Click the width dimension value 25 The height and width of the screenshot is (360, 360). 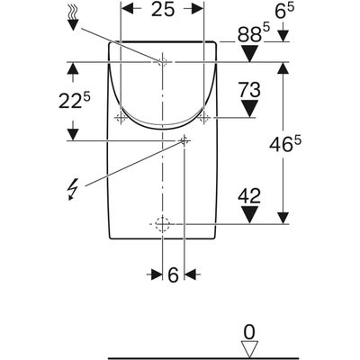(163, 9)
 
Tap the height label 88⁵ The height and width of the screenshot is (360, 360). (254, 33)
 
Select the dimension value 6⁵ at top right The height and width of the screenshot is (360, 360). (284, 12)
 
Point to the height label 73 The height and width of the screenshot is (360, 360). (249, 90)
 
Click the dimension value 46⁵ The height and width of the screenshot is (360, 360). (285, 144)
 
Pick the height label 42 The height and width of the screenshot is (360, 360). (249, 196)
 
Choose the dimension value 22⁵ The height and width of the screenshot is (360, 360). (74, 100)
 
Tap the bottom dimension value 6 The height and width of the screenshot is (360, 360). (173, 274)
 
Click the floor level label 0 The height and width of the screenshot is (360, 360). (249, 332)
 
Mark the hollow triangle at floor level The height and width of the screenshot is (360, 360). (249, 350)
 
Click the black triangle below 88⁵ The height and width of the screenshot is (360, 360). (250, 53)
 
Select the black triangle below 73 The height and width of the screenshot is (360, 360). (249, 109)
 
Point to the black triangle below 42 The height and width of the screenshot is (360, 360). (249, 215)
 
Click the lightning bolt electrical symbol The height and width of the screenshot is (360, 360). (73, 189)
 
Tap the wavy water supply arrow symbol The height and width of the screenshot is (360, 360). (72, 18)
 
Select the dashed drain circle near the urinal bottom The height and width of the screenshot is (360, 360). (162, 224)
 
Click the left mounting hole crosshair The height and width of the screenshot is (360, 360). (121, 118)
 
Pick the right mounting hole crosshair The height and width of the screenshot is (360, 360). (204, 118)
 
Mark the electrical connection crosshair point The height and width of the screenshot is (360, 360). (184, 140)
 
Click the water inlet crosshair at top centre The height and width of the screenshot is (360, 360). (162, 62)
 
